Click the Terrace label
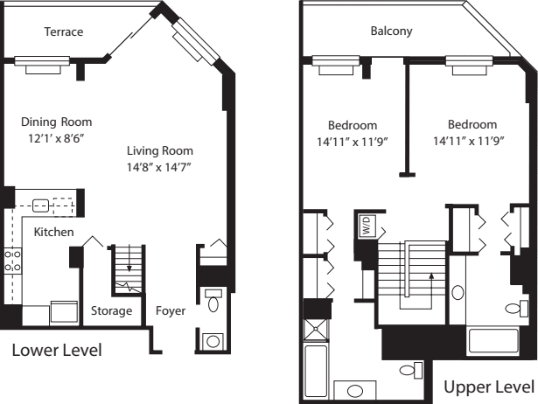click(x=64, y=32)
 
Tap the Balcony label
click(x=391, y=32)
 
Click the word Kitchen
click(x=53, y=232)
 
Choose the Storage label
click(x=112, y=310)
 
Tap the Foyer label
click(x=170, y=310)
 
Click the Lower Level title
click(x=57, y=351)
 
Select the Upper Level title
click(x=488, y=386)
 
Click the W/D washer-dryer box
click(x=366, y=224)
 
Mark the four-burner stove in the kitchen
click(x=12, y=260)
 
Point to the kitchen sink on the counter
click(x=40, y=206)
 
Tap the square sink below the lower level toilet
click(x=213, y=339)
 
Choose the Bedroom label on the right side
click(x=472, y=124)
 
